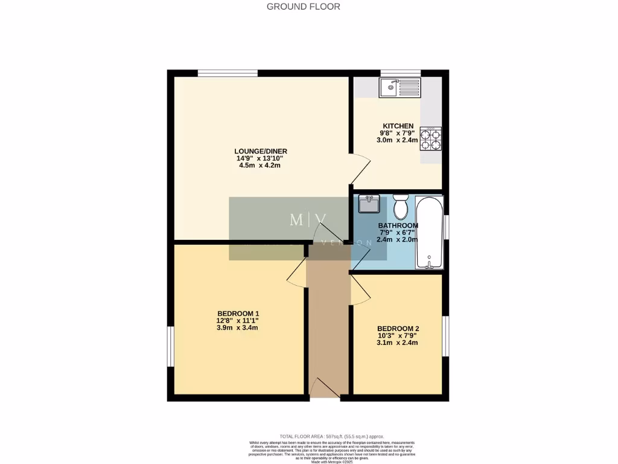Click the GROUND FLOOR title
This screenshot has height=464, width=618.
click(x=304, y=7)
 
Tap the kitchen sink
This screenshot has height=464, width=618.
click(x=400, y=88)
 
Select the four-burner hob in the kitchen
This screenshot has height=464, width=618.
click(x=431, y=140)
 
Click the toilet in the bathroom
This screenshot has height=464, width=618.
click(x=400, y=207)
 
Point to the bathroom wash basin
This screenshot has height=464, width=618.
click(x=368, y=204)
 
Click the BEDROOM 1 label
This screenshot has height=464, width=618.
click(x=238, y=314)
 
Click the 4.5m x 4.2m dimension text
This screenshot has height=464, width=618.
click(x=260, y=166)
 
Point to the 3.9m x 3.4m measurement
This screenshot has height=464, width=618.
click(x=238, y=328)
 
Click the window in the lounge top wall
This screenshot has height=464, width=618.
click(x=228, y=73)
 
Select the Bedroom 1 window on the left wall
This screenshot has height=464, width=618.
click(x=171, y=346)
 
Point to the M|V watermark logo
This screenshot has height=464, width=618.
click(x=308, y=220)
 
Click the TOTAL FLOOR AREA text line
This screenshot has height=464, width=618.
click(x=331, y=436)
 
